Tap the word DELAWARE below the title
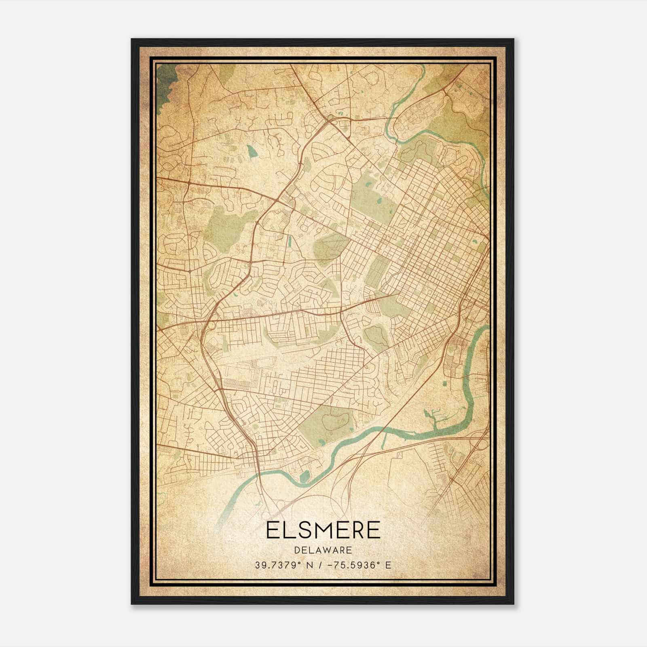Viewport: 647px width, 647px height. [323, 550]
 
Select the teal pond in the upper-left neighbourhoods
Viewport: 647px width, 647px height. [252, 151]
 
